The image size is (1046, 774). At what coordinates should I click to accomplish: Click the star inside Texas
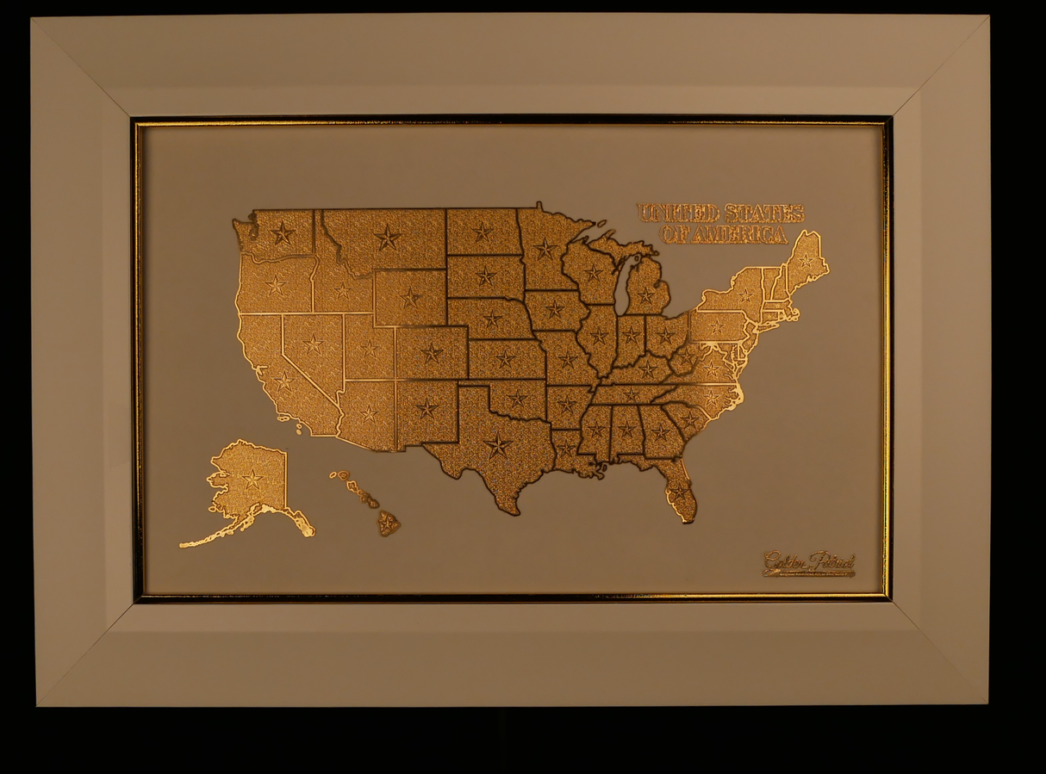click(x=497, y=444)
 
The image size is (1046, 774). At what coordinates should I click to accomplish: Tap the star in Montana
click(x=388, y=237)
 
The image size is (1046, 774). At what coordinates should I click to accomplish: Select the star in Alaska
click(x=252, y=479)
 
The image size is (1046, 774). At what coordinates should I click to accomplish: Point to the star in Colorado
click(x=431, y=352)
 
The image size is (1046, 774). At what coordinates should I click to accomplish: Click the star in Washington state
click(x=282, y=232)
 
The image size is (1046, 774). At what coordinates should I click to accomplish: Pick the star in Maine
click(x=806, y=258)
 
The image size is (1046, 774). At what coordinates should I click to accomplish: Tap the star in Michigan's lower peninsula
click(x=644, y=295)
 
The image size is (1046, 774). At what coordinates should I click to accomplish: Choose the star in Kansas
click(x=506, y=358)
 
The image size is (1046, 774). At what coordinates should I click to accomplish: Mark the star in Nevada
click(x=313, y=345)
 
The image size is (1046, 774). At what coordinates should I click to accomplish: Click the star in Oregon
click(x=275, y=285)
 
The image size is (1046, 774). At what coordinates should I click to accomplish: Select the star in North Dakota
click(x=483, y=232)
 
